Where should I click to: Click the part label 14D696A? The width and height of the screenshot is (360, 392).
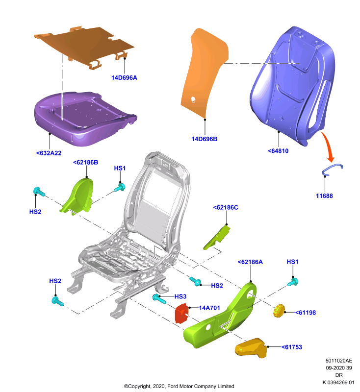(124, 78)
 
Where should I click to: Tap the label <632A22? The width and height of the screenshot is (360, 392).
(49, 153)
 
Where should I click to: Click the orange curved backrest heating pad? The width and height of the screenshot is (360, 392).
(204, 73)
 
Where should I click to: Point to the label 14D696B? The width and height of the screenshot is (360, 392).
(205, 139)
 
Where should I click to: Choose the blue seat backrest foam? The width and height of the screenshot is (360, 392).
(292, 85)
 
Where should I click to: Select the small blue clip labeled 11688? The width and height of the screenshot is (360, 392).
(332, 169)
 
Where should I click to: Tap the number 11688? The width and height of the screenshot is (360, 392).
(324, 196)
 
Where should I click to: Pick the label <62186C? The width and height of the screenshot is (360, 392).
(226, 207)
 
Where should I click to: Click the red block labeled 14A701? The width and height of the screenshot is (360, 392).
(182, 313)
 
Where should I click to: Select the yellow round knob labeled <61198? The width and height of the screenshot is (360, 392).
(279, 311)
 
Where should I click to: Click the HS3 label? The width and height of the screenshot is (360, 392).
(180, 296)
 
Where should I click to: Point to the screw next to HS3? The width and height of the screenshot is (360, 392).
(159, 298)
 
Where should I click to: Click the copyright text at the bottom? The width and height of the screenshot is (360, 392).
(179, 386)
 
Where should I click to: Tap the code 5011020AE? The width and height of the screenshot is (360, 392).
(339, 361)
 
